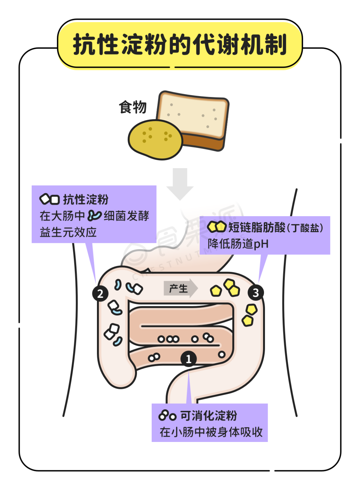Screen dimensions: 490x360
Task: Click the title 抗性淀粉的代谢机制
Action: pyautogui.click(x=180, y=44)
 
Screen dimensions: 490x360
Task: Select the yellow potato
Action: pyautogui.click(x=155, y=139)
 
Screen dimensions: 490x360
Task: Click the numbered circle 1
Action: pyautogui.click(x=188, y=359)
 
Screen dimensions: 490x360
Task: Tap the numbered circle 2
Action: pyautogui.click(x=100, y=294)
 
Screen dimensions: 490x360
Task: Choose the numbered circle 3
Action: pyautogui.click(x=256, y=293)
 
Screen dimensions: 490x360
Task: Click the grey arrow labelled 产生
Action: pyautogui.click(x=180, y=288)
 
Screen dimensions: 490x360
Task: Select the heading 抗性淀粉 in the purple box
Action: pyautogui.click(x=86, y=199)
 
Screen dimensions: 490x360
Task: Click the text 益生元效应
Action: pyautogui.click(x=68, y=232)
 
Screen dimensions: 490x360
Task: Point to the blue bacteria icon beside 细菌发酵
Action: pyautogui.click(x=94, y=216)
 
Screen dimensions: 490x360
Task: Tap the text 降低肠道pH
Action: pyautogui.click(x=238, y=244)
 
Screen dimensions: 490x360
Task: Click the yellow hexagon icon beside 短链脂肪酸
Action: pyautogui.click(x=217, y=227)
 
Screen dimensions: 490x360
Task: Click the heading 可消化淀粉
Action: pyautogui.click(x=209, y=416)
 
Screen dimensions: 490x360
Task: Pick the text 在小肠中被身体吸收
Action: pyautogui.click(x=211, y=432)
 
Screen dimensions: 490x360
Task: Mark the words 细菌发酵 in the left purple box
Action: pyautogui.click(x=126, y=216)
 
